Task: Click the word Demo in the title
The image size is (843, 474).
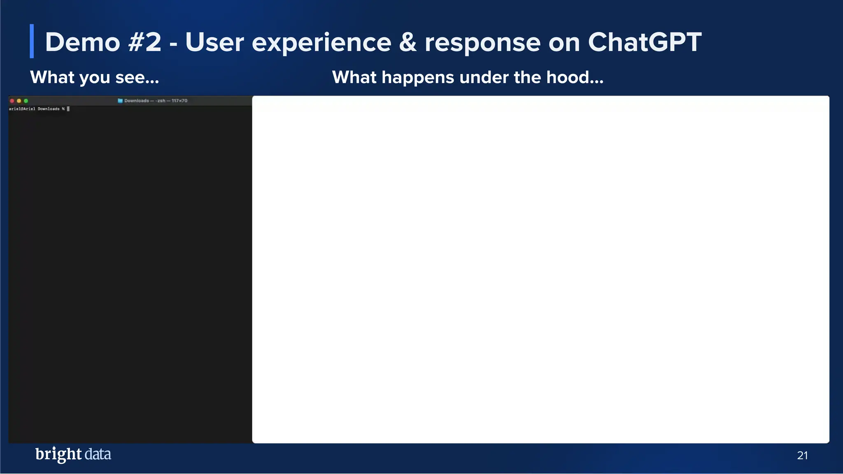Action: [x=82, y=42]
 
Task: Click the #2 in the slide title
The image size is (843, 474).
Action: [x=144, y=42]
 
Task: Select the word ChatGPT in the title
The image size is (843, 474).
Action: [x=645, y=42]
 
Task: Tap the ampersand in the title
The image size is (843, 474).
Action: [x=408, y=42]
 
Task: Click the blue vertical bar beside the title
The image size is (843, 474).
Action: [x=32, y=41]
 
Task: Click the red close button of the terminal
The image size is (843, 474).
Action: [x=12, y=101]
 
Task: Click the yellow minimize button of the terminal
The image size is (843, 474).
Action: [x=19, y=101]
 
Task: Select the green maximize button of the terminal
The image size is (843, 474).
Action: [x=26, y=101]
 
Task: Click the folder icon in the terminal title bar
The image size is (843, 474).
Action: [x=120, y=101]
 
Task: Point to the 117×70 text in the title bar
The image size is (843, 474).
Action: [x=179, y=101]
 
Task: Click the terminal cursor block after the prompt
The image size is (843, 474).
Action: [x=68, y=109]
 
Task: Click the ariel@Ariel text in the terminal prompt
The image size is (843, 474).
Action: [x=22, y=109]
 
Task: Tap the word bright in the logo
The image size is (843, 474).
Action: [x=58, y=454]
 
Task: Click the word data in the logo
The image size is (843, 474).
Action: [x=98, y=454]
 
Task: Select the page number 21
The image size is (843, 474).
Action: [x=802, y=455]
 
